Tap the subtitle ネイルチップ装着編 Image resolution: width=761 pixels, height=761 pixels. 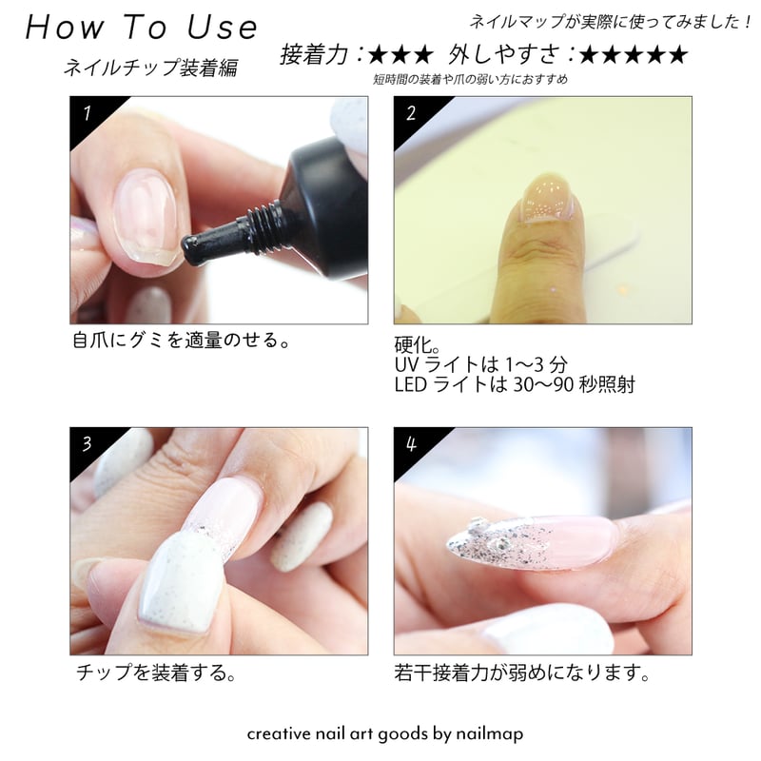(150, 68)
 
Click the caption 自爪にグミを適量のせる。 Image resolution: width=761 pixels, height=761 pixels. (181, 341)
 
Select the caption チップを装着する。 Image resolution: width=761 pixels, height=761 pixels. (155, 674)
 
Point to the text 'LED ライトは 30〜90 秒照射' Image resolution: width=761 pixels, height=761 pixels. (514, 385)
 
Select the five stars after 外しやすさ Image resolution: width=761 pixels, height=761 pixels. (632, 55)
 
